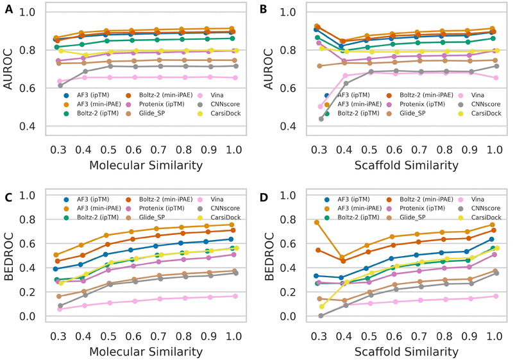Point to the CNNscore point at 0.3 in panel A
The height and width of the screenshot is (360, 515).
tap(61, 85)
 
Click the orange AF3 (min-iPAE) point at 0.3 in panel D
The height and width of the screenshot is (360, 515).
tap(317, 223)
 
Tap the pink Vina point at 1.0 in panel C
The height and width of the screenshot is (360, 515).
tap(236, 296)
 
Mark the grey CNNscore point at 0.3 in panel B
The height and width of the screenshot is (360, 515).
tap(321, 119)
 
